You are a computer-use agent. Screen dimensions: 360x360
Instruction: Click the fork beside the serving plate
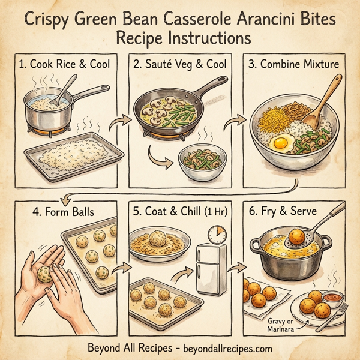[x=336, y=313]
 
